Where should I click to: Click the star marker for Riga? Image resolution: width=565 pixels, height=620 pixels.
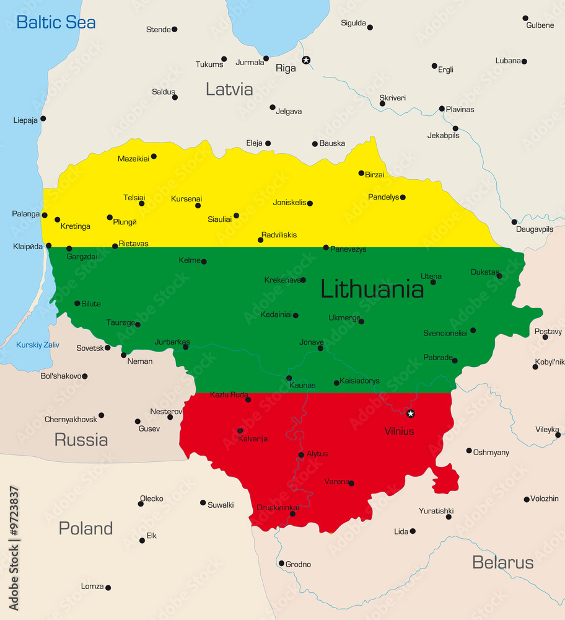coord(305,60)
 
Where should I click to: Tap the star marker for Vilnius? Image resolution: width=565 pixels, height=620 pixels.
coord(410,414)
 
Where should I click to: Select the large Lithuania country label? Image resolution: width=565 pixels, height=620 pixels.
coord(372,289)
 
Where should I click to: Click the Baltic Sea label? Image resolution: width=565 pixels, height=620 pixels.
coord(56,23)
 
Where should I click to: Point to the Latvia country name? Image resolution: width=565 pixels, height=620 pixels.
coord(229,89)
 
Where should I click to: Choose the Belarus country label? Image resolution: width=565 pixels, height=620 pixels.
coord(502,562)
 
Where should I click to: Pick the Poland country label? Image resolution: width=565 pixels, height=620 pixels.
coord(85,528)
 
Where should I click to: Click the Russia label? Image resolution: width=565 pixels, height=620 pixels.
coord(81,440)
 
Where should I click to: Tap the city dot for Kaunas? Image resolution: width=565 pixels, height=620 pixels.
coord(289,378)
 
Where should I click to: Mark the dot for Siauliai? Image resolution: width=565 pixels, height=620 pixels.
coord(236,216)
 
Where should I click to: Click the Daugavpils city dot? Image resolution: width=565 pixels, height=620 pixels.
coord(514,222)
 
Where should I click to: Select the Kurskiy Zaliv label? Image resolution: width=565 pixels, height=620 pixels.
coord(38,345)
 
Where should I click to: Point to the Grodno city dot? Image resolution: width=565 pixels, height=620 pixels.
coord(281,564)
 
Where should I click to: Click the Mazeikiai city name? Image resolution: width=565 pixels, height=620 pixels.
coord(133,159)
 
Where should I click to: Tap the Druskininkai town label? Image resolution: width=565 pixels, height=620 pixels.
coord(278,508)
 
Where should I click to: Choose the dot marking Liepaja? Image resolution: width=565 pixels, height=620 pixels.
coord(43,118)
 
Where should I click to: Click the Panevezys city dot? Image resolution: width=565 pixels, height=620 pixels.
coord(326,247)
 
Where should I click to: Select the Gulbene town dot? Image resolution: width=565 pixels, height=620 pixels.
coord(525,18)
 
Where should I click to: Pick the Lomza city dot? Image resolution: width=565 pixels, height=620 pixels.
coord(108,587)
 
